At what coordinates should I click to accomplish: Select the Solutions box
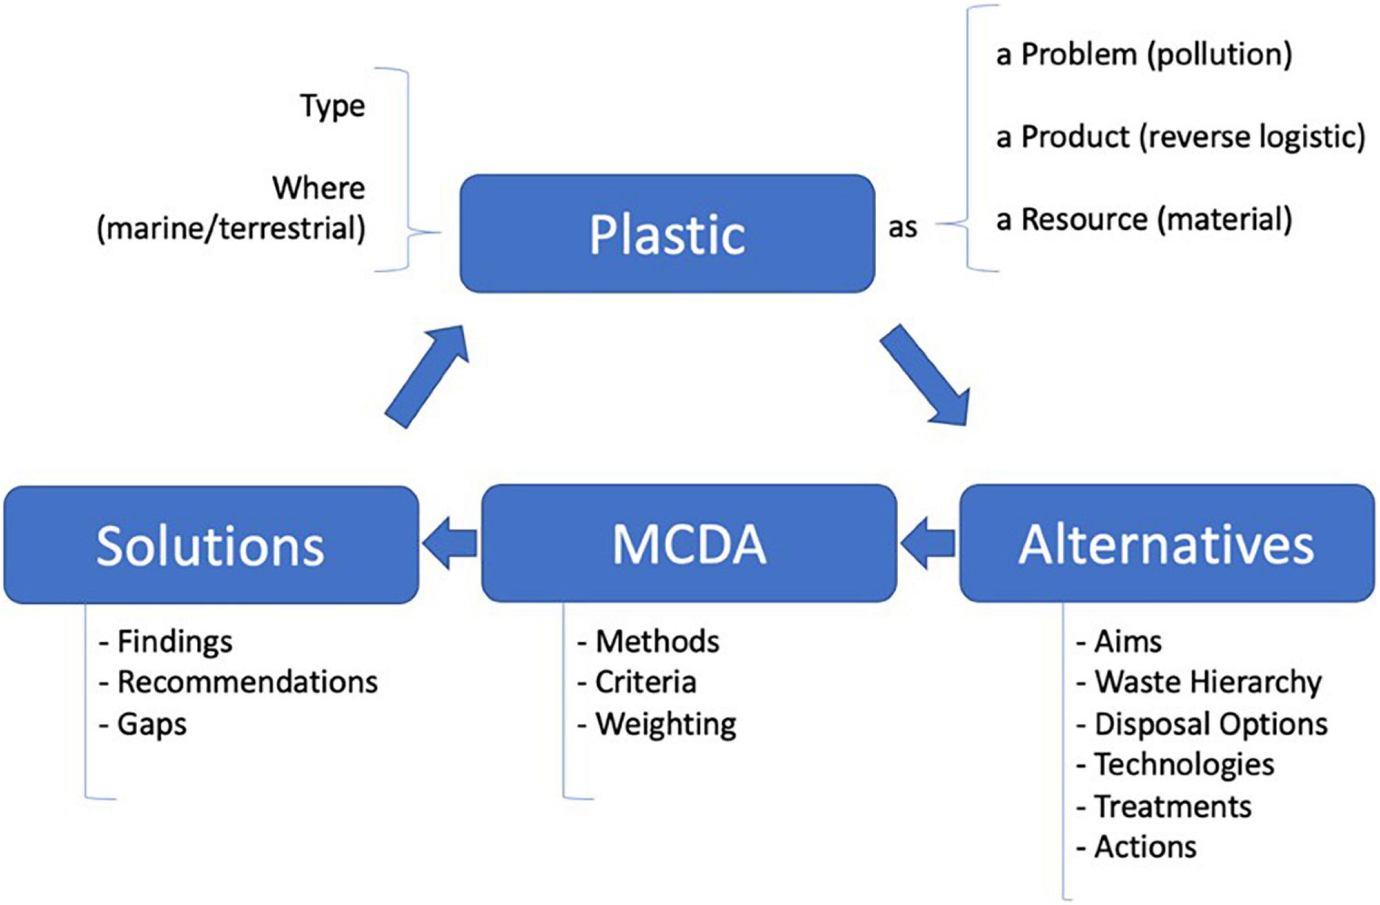pyautogui.click(x=211, y=545)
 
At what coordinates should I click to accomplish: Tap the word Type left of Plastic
pyautogui.click(x=333, y=106)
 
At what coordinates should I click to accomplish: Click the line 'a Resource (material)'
pyautogui.click(x=1143, y=220)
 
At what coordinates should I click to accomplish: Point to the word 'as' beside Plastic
pyautogui.click(x=903, y=227)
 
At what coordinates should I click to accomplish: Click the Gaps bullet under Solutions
pyautogui.click(x=144, y=724)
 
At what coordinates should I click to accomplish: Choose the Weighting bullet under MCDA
pyautogui.click(x=658, y=724)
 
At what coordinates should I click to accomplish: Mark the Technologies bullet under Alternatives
pyautogui.click(x=1176, y=765)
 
